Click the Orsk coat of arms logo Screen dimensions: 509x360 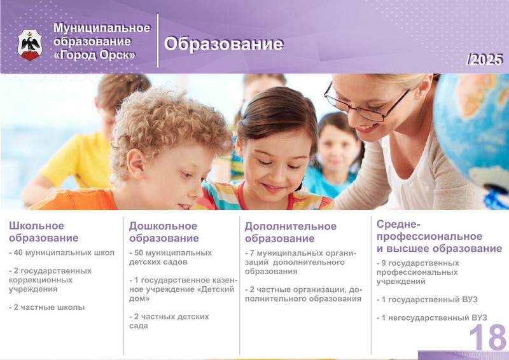[x=30, y=45]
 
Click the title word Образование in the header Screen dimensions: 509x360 [x=224, y=44]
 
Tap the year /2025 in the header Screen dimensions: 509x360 [x=484, y=59]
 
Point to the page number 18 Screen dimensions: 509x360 [x=487, y=337]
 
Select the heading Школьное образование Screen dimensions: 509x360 [x=43, y=232]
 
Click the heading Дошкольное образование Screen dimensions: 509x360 [x=164, y=232]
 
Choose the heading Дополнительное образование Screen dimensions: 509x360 [x=291, y=232]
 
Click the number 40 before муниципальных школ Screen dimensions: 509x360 [x=18, y=253]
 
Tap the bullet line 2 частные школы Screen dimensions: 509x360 [x=46, y=307]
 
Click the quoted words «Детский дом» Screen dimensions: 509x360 [x=181, y=293]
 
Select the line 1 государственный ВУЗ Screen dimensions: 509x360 [x=427, y=300]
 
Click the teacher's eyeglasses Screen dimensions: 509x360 [x=365, y=103]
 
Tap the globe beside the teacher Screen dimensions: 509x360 [x=472, y=130]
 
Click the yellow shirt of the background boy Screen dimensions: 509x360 [x=77, y=160]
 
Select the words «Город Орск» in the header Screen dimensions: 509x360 [x=94, y=55]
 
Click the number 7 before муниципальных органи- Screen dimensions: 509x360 [x=252, y=253]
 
